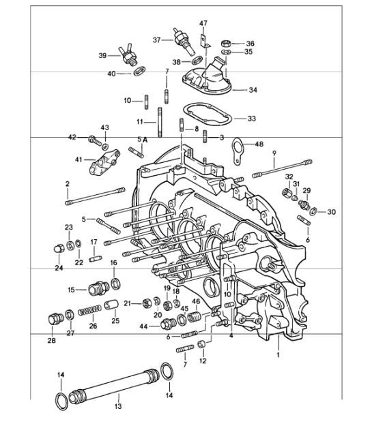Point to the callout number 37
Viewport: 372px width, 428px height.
click(x=156, y=40)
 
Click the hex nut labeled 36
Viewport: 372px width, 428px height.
click(x=227, y=42)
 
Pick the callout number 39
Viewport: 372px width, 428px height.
click(x=102, y=55)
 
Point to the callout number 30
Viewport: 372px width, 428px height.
click(x=331, y=212)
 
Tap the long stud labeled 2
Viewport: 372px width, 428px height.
click(x=96, y=196)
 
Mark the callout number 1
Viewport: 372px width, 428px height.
click(x=278, y=355)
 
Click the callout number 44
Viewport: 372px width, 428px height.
click(x=143, y=327)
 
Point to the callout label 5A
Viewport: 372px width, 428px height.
click(x=142, y=139)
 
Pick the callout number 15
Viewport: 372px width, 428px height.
click(x=72, y=290)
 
